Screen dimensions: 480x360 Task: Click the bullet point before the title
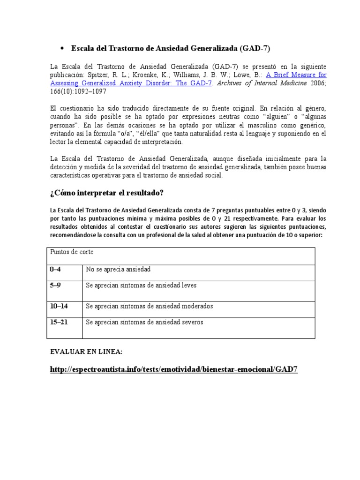62,49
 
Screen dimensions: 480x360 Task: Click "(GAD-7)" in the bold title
255,48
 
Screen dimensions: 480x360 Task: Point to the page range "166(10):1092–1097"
78,92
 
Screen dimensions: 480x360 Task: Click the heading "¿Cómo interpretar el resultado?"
107,193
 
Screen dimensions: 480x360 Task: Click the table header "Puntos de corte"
72,252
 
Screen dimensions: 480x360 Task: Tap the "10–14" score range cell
59,306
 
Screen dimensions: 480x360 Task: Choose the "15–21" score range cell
59,322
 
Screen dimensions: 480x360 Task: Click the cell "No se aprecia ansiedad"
118,269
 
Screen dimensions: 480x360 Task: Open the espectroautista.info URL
173,369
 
